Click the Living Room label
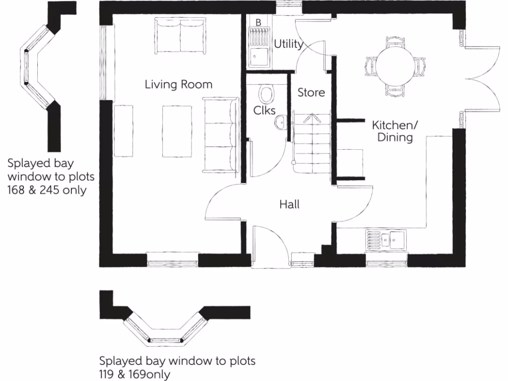[178, 84]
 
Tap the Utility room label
[288, 44]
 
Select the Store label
[311, 92]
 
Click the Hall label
[289, 204]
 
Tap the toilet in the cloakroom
[267, 94]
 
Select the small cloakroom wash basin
[281, 122]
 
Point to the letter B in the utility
[258, 22]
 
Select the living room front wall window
[173, 260]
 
